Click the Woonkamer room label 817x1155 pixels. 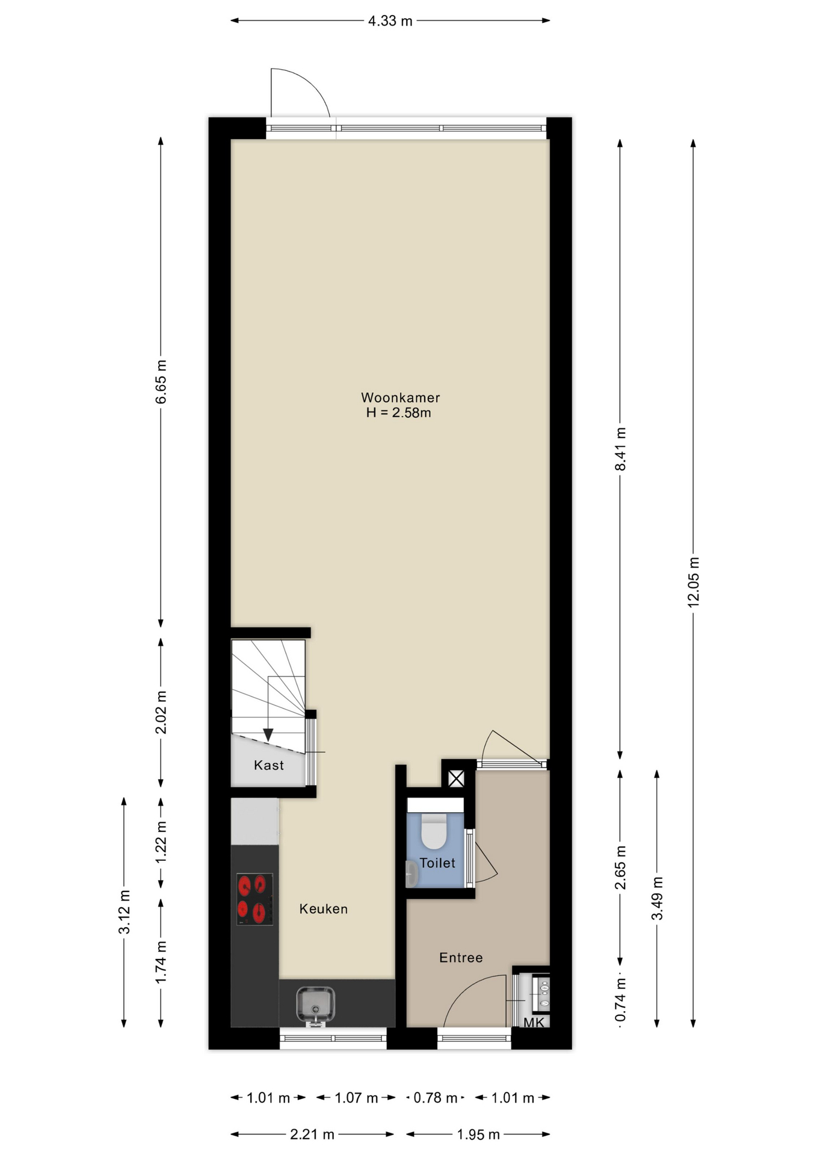pyautogui.click(x=400, y=398)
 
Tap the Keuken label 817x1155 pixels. pyautogui.click(x=324, y=909)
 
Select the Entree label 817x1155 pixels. pyautogui.click(x=461, y=958)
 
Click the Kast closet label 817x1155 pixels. pyautogui.click(x=268, y=765)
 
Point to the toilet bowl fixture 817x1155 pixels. pyautogui.click(x=434, y=830)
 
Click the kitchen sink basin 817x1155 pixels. pyautogui.click(x=315, y=1005)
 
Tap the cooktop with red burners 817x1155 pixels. pyautogui.click(x=254, y=899)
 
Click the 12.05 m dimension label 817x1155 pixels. pyautogui.click(x=694, y=582)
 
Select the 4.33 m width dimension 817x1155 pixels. pyautogui.click(x=390, y=21)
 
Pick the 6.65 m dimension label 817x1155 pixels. pyautogui.click(x=161, y=382)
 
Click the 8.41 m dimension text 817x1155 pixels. pyautogui.click(x=620, y=449)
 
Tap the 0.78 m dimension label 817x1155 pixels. pyautogui.click(x=435, y=1098)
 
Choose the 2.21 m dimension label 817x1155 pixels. pyautogui.click(x=312, y=1135)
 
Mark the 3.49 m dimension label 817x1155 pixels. pyautogui.click(x=657, y=898)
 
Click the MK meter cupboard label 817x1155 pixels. pyautogui.click(x=534, y=1023)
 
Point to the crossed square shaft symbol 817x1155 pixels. pyautogui.click(x=457, y=779)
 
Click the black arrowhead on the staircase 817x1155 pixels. pyautogui.click(x=268, y=735)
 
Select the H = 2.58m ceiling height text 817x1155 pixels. pyautogui.click(x=399, y=413)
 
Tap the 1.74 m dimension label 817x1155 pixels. pyautogui.click(x=161, y=962)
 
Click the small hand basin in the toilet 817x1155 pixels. pyautogui.click(x=412, y=874)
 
